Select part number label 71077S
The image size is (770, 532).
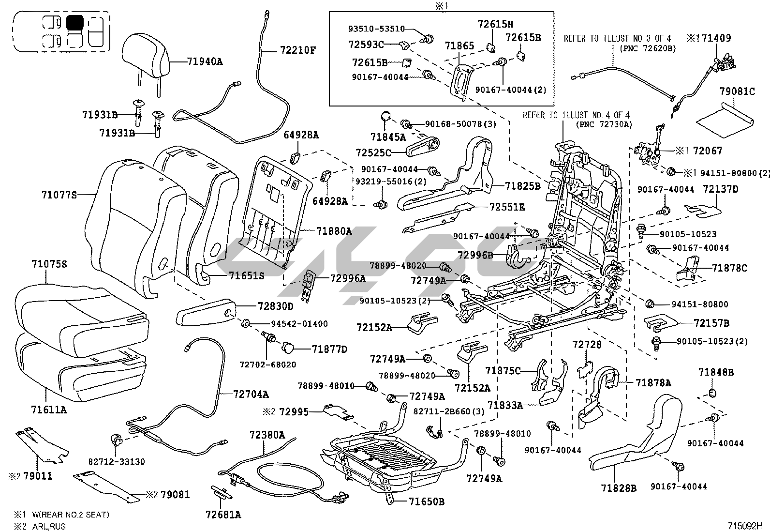tap(59, 195)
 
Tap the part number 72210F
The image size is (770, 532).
tap(297, 49)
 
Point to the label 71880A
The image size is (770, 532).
tap(334, 231)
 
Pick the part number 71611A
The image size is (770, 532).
tap(49, 410)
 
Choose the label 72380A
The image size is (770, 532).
tap(267, 435)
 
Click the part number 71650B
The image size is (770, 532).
tap(426, 502)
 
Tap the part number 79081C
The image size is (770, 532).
tap(737, 91)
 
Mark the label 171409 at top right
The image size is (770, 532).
tap(713, 38)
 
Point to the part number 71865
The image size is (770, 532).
tap(459, 46)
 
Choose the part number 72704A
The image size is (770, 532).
tap(251, 394)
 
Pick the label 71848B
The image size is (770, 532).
tap(716, 372)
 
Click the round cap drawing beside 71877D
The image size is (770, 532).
tap(288, 347)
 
